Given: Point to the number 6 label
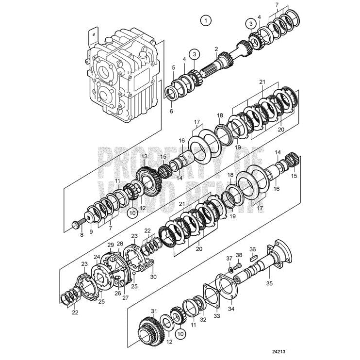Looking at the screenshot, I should tap(170, 111).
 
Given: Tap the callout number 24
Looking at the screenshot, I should tap(97, 257).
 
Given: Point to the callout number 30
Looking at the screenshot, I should tap(153, 277).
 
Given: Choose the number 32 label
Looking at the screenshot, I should tap(203, 320).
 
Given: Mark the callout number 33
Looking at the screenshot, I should tap(217, 315).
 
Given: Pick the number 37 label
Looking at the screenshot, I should tap(229, 258).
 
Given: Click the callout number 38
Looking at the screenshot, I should tap(239, 255).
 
